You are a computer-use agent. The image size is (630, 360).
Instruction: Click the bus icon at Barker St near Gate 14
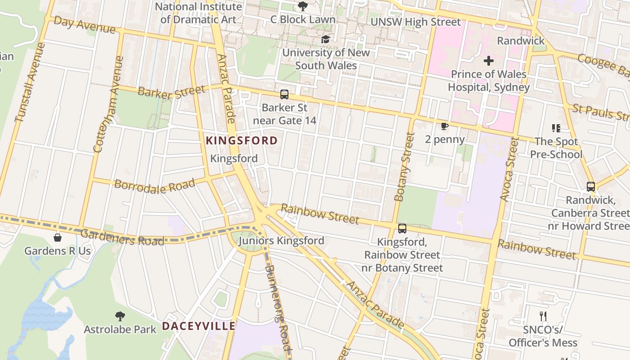pos(284,94)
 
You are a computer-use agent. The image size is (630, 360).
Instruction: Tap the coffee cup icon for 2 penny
pos(445,126)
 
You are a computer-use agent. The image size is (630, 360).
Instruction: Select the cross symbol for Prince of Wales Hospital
pos(489,60)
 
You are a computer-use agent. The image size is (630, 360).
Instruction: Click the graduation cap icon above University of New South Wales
pos(325,40)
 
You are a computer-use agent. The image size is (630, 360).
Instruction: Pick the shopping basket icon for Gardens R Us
pos(58,237)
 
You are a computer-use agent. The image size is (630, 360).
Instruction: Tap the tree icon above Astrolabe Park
pos(120,316)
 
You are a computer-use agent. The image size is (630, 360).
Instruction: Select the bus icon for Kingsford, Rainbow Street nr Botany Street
pos(402,229)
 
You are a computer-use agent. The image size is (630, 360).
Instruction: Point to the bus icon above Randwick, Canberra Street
pos(591,186)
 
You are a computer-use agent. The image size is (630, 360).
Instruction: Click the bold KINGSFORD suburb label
pos(242,141)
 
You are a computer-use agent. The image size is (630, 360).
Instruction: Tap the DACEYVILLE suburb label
pos(198,326)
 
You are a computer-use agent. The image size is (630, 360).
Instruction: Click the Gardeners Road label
pos(122,238)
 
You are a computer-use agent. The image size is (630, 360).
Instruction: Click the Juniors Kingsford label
pos(281,241)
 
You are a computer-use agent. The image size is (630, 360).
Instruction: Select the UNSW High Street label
pos(415,22)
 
